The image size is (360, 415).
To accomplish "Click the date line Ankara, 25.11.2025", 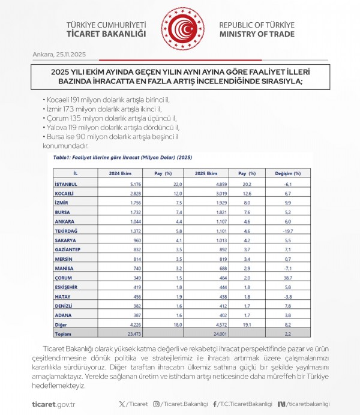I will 60,55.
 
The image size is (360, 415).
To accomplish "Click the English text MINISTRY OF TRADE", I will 257,35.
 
